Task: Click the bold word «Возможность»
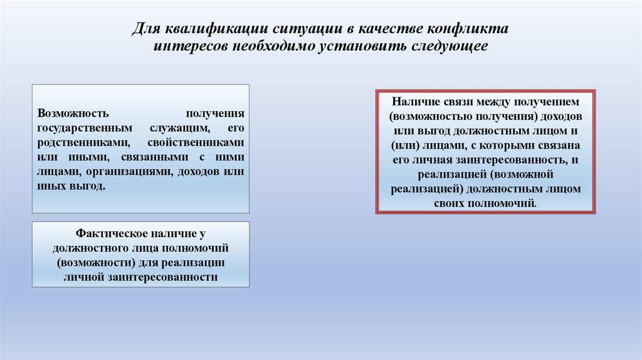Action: click(73, 114)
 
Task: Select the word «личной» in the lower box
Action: click(83, 276)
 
